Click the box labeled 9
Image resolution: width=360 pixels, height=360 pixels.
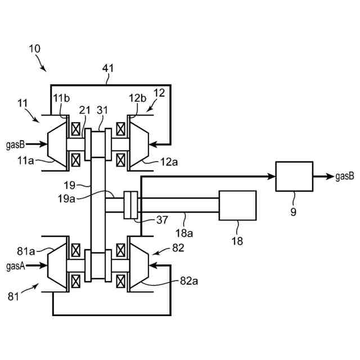pos(294,176)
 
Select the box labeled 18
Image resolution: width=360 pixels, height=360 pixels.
pos(237,205)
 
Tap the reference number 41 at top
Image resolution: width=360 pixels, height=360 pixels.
pos(108,68)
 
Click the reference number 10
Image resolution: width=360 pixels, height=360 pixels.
pos(35,49)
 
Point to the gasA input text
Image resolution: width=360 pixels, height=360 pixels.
pos(16,266)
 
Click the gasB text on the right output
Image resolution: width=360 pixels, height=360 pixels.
pos(345,176)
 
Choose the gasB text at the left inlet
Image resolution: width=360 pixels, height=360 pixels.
pos(15,145)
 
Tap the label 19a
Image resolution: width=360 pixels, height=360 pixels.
pos(66,199)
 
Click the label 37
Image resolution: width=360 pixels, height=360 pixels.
pos(162,220)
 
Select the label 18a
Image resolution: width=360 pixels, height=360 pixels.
pos(184,233)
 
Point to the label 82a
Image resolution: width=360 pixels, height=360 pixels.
pos(189,281)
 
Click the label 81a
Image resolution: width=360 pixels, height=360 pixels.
pos(26,251)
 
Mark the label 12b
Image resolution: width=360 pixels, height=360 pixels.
pos(137,98)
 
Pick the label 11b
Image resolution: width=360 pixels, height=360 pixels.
pos(61,98)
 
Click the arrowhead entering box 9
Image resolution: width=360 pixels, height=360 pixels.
pos(271,176)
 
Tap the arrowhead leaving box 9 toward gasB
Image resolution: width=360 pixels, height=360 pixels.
pos(330,176)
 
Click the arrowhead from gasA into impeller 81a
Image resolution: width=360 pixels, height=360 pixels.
pos(43,265)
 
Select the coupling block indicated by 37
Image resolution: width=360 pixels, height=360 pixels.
pos(131,205)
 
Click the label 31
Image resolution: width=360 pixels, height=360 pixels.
pos(102,110)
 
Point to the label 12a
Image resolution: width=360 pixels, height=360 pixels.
pos(169,162)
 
